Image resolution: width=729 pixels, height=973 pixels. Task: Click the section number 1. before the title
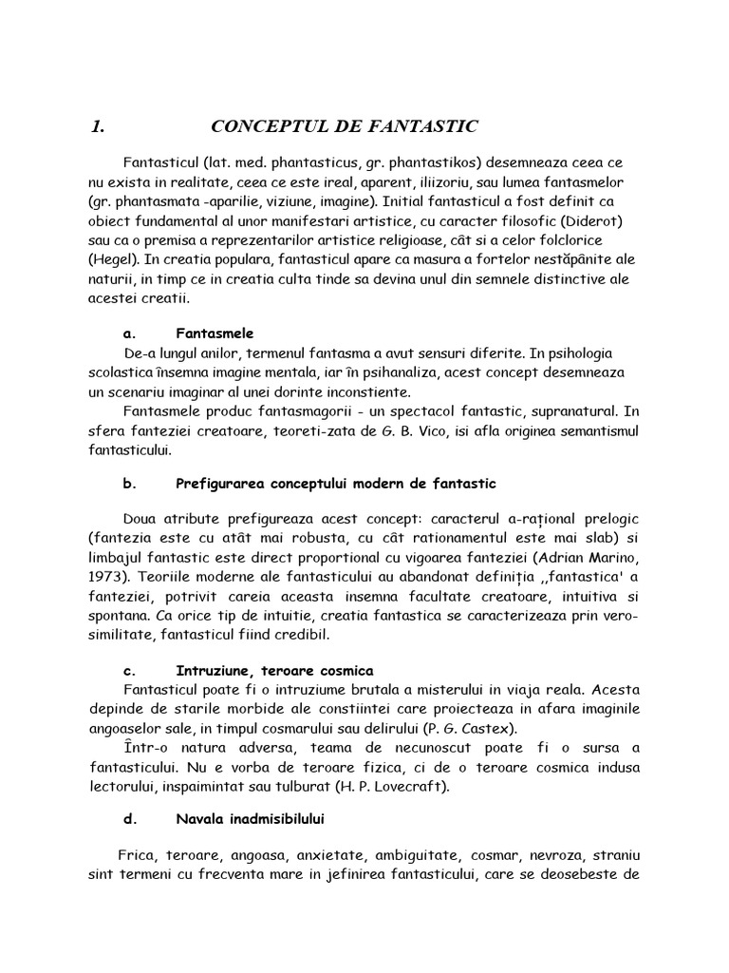point(97,127)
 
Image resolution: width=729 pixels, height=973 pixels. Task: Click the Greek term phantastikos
point(452,163)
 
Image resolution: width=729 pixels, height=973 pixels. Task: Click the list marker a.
point(130,334)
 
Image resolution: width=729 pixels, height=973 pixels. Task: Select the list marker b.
point(130,484)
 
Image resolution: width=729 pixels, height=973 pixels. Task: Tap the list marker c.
point(130,670)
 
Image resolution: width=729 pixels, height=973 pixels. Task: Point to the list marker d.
point(130,818)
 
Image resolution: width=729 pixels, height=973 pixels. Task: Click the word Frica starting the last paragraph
point(139,854)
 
